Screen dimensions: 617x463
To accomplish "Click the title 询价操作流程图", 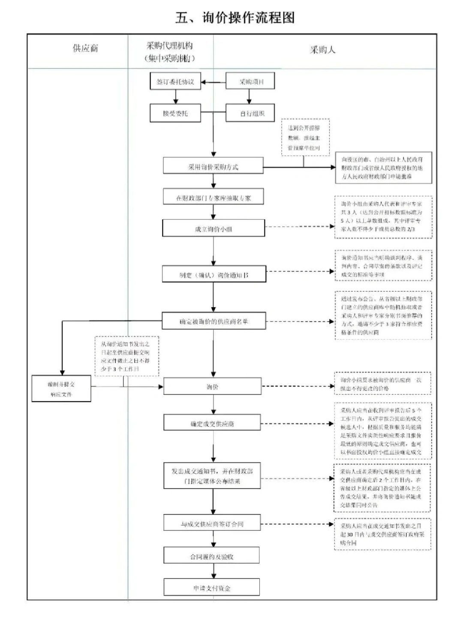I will (x=235, y=18).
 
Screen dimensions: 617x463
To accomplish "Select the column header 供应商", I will (x=85, y=48).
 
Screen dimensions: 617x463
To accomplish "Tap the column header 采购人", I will (x=322, y=50).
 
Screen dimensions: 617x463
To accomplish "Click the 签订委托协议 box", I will (x=175, y=81).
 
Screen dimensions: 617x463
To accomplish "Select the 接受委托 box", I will (x=175, y=114).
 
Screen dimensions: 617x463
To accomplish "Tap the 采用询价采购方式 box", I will (x=213, y=167).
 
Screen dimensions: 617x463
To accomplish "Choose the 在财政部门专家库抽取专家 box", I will (x=213, y=198).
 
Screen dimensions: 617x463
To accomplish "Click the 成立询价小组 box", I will (x=213, y=229).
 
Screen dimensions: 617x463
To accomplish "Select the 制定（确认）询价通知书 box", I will (x=213, y=275).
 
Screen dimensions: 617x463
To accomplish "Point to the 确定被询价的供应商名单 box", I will (x=213, y=321).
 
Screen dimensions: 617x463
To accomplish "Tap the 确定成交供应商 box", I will (x=212, y=423).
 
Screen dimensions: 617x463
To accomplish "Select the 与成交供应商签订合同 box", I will (x=212, y=524).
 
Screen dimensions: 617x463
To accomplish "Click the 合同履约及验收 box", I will (x=212, y=556).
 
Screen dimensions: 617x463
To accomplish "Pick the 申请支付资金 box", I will (x=212, y=588).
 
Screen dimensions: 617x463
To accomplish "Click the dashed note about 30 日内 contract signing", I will (x=382, y=534).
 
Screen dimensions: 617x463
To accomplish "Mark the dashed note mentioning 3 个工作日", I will (x=126, y=356).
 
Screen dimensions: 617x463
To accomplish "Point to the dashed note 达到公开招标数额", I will (x=305, y=137).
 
